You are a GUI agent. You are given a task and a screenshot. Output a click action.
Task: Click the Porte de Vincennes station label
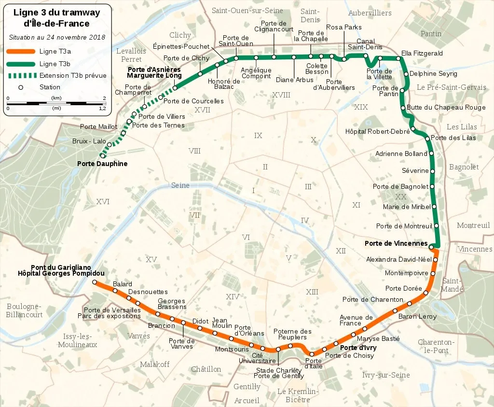pos(396,243)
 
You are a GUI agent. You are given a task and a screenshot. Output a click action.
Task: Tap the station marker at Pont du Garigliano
pos(95,282)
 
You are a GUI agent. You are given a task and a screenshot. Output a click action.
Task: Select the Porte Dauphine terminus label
pos(102,164)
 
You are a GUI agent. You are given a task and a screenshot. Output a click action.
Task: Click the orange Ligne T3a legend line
pos(21,52)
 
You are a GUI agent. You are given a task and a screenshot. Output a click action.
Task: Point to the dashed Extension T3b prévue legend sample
pos(21,75)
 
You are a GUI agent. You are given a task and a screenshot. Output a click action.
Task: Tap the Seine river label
pos(180,185)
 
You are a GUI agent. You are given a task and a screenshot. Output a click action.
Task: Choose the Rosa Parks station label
pos(343,28)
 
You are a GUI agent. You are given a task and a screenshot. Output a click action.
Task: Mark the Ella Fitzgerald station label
pos(422,53)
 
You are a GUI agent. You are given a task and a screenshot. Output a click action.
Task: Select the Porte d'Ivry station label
pos(358,348)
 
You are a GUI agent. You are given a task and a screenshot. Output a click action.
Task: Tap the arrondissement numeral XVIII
pos(281,95)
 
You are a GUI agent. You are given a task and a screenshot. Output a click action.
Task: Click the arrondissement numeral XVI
pos(103,201)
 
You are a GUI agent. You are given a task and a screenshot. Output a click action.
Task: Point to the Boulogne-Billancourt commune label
pos(24,310)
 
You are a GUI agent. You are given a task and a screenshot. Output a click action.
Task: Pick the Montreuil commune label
pos(473,225)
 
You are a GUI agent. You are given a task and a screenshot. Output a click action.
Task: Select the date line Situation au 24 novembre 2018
pos(56,37)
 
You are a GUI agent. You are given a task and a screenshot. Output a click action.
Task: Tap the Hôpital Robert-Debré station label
pos(377,131)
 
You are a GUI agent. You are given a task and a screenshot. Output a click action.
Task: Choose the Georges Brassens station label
pos(172,304)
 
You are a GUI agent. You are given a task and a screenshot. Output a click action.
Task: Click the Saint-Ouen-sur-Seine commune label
pos(247,10)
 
